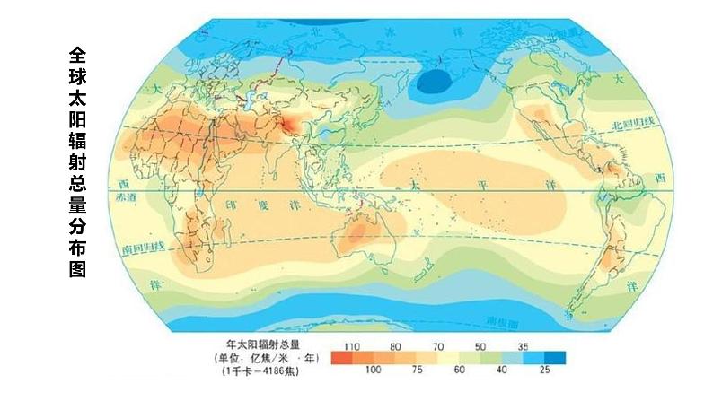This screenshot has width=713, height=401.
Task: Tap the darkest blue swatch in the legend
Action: click(555, 357)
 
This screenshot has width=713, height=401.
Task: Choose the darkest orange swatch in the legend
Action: click(342, 357)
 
